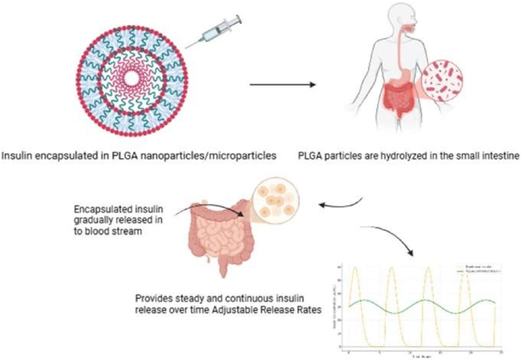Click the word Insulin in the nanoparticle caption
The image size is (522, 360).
coord(15,156)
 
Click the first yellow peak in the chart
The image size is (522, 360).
coord(357,269)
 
